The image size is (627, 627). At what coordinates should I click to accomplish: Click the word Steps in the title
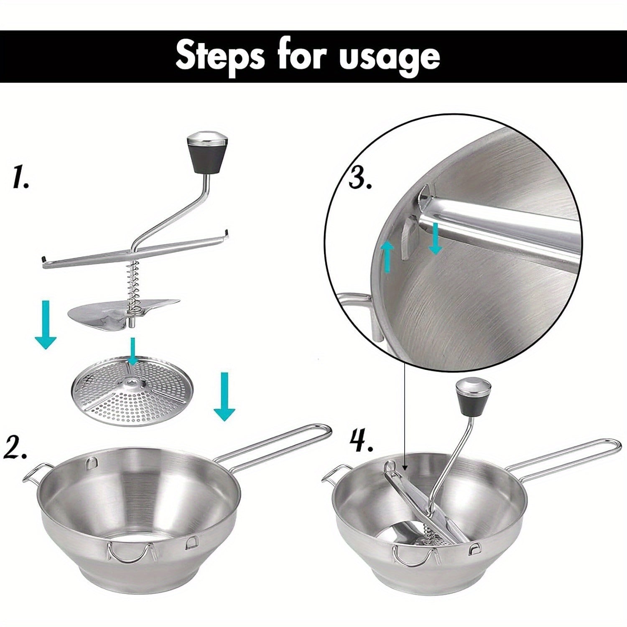click(220, 56)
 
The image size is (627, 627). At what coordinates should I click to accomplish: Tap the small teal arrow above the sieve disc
click(133, 351)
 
